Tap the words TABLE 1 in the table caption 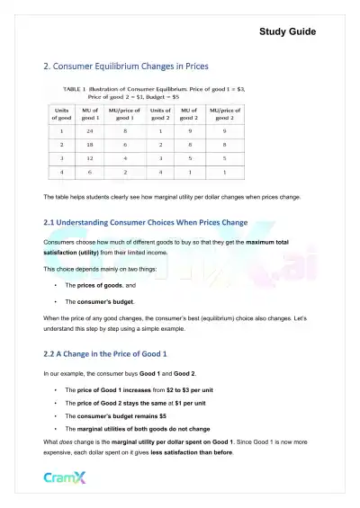(x=75, y=91)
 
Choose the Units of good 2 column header (x=160, y=112)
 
